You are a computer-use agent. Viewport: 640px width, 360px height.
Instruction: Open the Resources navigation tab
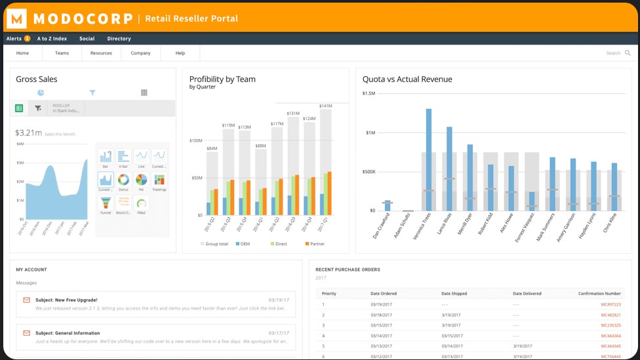pos(101,53)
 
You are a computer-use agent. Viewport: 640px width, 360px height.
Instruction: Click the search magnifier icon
pos(628,53)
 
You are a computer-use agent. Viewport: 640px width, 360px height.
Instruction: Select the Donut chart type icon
pos(123,180)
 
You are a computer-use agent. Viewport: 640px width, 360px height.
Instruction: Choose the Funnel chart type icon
pos(105,203)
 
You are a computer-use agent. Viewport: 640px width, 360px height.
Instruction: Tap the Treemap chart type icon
pos(159,180)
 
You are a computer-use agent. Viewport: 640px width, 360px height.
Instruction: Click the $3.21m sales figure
pos(28,133)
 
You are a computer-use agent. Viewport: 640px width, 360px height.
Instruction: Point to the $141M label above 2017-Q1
pos(325,106)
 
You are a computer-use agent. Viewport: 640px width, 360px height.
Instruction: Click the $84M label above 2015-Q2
pos(212,149)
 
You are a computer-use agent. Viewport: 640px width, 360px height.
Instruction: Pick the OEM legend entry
pos(242,244)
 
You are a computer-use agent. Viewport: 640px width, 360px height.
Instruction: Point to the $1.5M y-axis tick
pos(369,94)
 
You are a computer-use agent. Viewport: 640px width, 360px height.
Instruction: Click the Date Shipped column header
pos(454,294)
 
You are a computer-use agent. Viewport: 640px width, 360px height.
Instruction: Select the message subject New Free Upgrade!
pos(68,300)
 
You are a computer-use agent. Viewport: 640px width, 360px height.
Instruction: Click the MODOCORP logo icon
pos(16,18)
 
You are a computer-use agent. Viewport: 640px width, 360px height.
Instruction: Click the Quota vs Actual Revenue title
pos(407,79)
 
